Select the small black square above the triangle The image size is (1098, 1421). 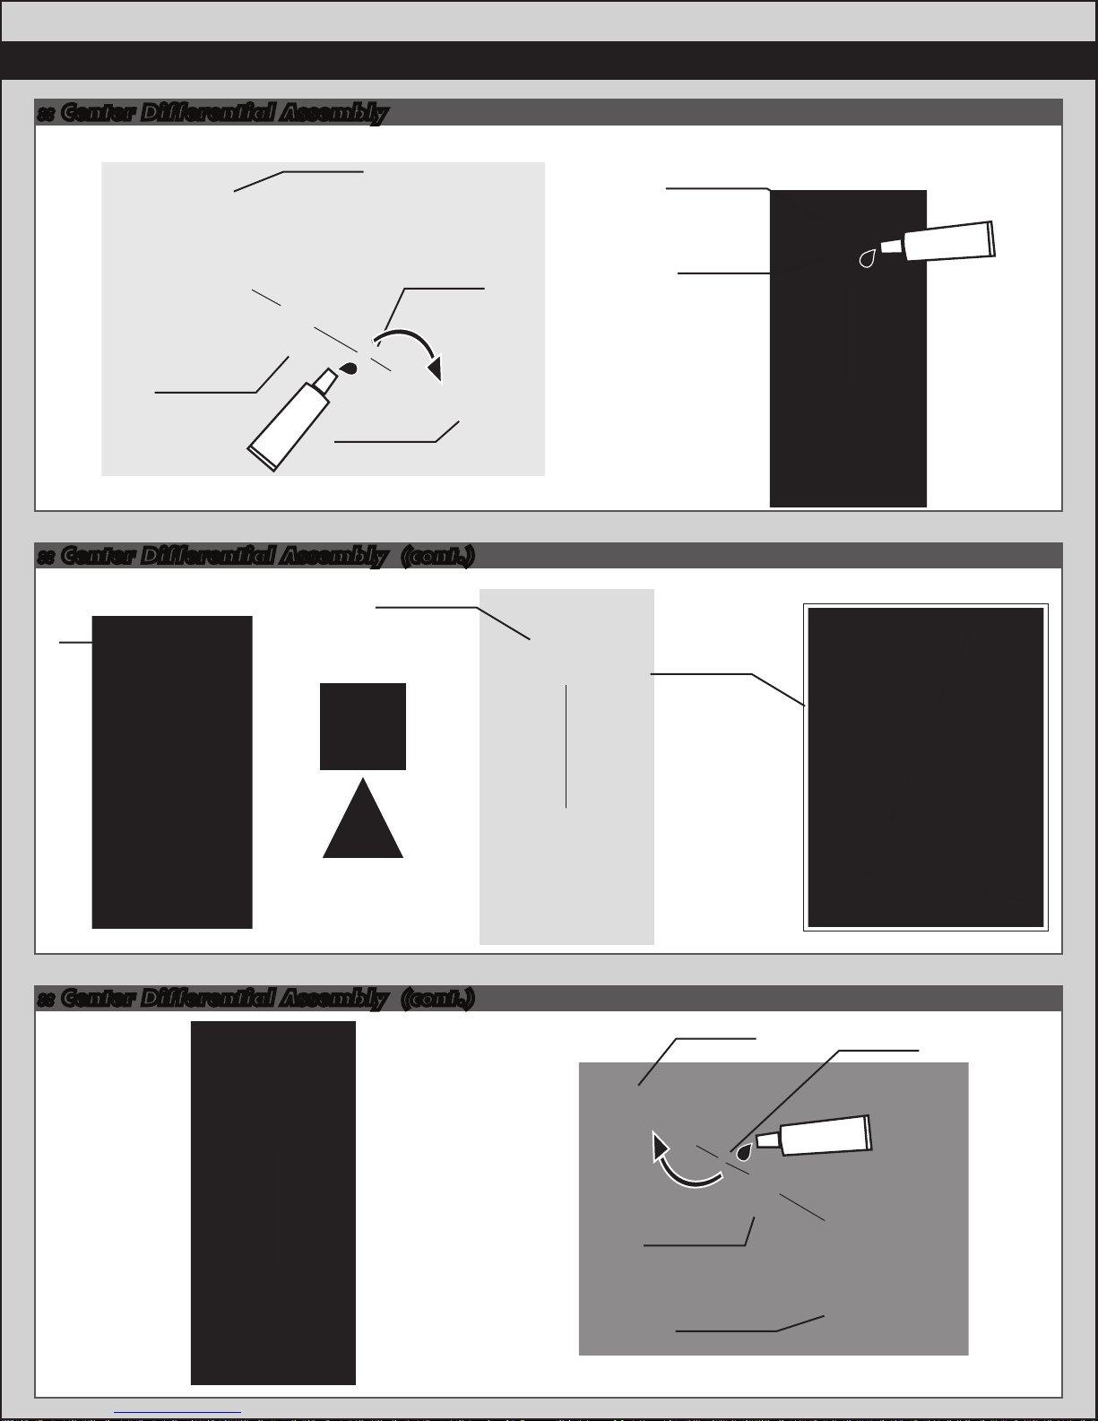tap(363, 726)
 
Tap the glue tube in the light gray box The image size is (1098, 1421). tap(291, 420)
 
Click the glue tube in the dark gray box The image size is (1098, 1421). tap(815, 1135)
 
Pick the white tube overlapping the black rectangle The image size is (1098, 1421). tap(938, 241)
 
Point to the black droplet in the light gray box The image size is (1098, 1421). tap(349, 368)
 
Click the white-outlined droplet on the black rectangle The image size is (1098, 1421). tap(868, 258)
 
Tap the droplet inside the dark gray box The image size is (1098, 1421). tap(744, 1151)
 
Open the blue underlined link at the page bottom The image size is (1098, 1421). tap(177, 1413)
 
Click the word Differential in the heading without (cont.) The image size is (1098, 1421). tap(208, 112)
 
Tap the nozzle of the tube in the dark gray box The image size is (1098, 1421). tap(768, 1140)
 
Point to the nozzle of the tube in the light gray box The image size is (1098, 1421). tap(326, 381)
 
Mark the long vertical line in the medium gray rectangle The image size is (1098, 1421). tap(566, 746)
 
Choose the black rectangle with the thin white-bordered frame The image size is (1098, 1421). tap(925, 767)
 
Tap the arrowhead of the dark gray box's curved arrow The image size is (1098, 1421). tap(660, 1147)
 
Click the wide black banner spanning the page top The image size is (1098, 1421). tap(549, 61)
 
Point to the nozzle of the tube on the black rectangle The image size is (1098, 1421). tap(892, 247)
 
